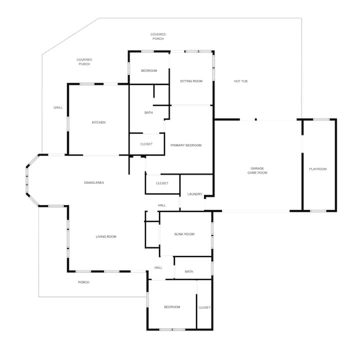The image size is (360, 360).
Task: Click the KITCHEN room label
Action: coord(98,122)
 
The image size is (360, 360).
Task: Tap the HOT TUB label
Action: coord(240,81)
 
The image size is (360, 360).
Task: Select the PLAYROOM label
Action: coord(318,169)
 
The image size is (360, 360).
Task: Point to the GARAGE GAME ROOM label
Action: coord(257,170)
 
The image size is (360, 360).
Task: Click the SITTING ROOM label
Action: coord(191,81)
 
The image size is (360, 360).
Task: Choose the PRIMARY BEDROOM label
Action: coord(186,145)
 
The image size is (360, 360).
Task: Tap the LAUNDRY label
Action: coord(194,194)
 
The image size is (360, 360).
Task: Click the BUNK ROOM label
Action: coord(184,234)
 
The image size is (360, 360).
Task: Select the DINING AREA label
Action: coord(94,182)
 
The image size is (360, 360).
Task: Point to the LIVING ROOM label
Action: coord(106,236)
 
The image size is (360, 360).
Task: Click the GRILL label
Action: coord(58,107)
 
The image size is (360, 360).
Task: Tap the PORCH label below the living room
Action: coord(83,282)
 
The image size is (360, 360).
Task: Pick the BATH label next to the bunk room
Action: coord(189,271)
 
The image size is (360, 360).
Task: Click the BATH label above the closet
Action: coord(148,112)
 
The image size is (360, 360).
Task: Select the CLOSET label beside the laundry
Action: coord(162,183)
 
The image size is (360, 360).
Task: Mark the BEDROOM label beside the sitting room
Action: coord(149,70)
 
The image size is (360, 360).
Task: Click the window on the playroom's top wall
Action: coord(321,119)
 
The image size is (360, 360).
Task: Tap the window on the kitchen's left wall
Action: coord(68,124)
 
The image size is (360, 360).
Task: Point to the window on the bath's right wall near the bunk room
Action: coord(212,268)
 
